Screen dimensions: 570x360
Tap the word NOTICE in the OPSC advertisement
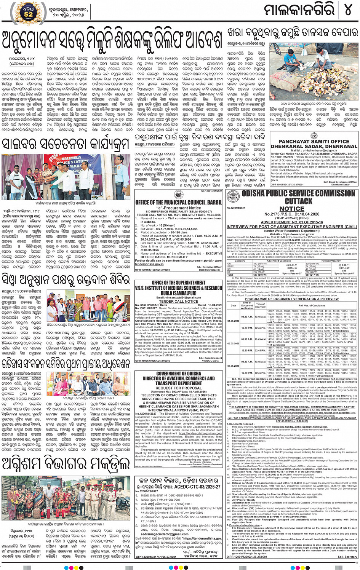click(x=292, y=209)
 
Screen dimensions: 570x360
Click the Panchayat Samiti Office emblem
click(x=314, y=136)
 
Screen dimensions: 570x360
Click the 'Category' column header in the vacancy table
click(x=240, y=261)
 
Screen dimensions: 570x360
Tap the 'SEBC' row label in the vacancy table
click(x=230, y=266)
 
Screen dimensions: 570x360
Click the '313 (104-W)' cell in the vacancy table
click(x=260, y=263)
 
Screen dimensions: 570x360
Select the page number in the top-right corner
click(x=347, y=11)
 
